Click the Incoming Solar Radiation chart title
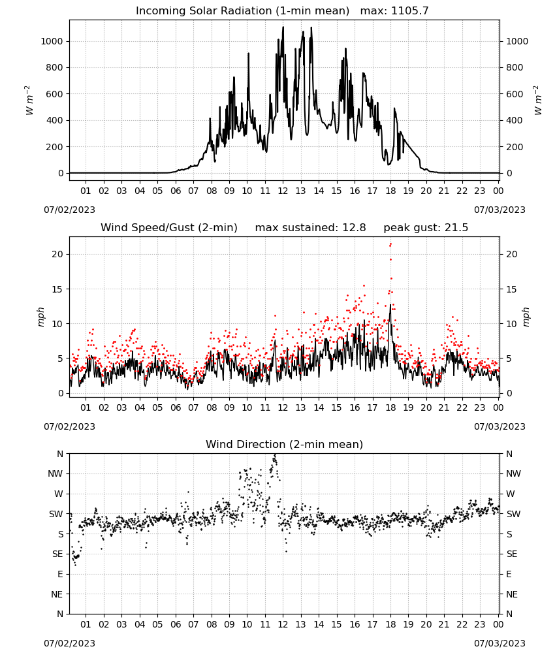pyautogui.click(x=242, y=11)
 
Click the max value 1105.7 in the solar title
pyautogui.click(x=409, y=11)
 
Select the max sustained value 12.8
pyautogui.click(x=354, y=228)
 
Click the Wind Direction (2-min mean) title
pyautogui.click(x=285, y=444)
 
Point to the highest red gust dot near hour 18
pyautogui.click(x=390, y=244)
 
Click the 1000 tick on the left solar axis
pyautogui.click(x=52, y=41)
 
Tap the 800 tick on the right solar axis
pyautogui.click(x=515, y=67)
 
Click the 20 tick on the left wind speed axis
pyautogui.click(x=57, y=255)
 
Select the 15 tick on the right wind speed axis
pyautogui.click(x=512, y=289)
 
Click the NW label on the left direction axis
pyautogui.click(x=55, y=474)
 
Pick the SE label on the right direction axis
pyautogui.click(x=512, y=554)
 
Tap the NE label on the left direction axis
pyautogui.click(x=57, y=594)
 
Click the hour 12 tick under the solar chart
pyautogui.click(x=283, y=191)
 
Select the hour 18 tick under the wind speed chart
pyautogui.click(x=390, y=407)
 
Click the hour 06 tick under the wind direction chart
pyautogui.click(x=175, y=624)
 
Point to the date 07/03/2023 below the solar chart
pyautogui.click(x=499, y=210)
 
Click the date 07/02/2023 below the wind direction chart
pyautogui.click(x=69, y=643)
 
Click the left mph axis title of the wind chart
pyautogui.click(x=40, y=317)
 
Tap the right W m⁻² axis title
pyautogui.click(x=537, y=100)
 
